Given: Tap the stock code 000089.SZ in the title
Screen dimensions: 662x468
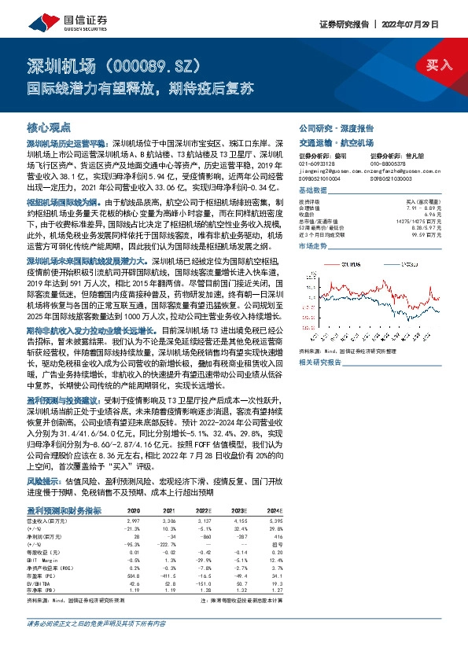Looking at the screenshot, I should [x=154, y=64].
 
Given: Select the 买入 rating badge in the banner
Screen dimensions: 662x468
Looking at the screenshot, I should [x=438, y=65].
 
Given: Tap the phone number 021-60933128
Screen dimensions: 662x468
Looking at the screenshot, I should [x=319, y=164].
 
